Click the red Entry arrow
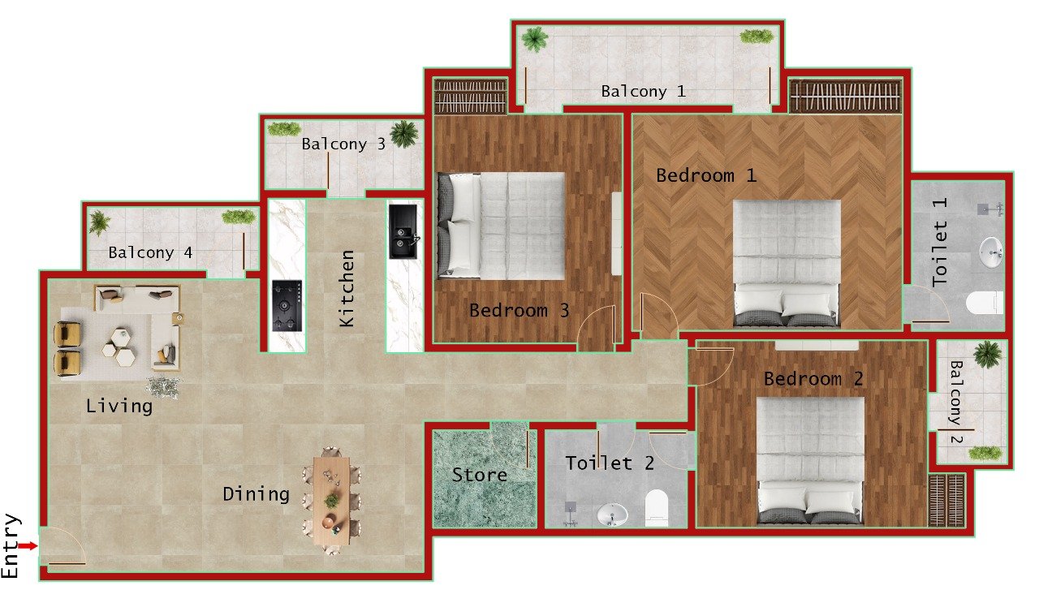click(28, 546)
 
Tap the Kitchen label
click(347, 288)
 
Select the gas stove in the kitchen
click(287, 305)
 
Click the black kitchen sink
click(403, 231)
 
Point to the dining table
click(332, 500)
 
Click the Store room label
click(479, 475)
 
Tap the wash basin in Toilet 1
click(990, 252)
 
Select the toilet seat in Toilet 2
click(656, 508)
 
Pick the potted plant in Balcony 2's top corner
click(987, 354)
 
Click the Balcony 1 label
click(643, 92)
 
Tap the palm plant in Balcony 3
click(403, 133)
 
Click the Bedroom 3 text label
click(519, 310)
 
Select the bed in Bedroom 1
click(786, 263)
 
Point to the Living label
click(119, 406)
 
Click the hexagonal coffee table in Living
click(119, 344)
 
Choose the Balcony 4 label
click(150, 253)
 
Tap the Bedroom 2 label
click(813, 379)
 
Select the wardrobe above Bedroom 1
click(845, 96)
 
